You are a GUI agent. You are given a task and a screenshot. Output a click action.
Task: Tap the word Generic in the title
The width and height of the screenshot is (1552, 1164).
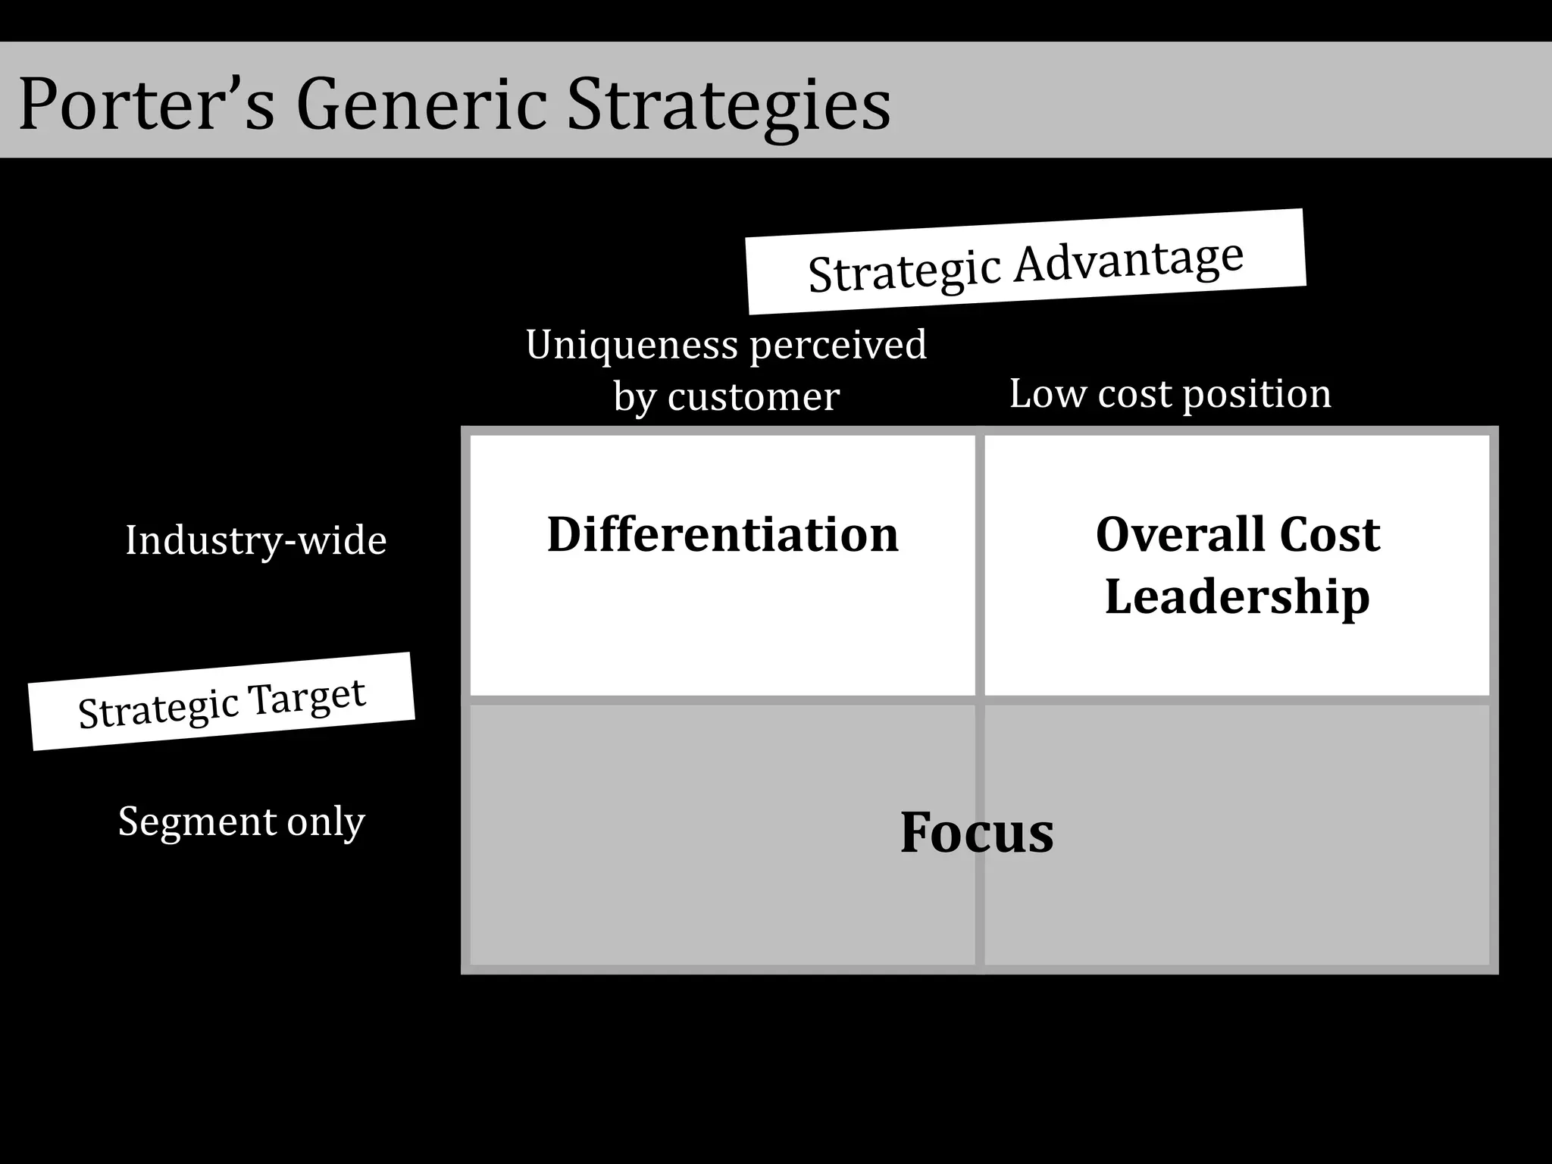tap(421, 104)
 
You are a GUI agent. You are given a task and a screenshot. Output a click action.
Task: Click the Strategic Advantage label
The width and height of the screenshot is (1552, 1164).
tap(1025, 262)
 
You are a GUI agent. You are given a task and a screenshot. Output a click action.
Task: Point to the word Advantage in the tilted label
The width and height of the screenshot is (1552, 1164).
tap(1128, 258)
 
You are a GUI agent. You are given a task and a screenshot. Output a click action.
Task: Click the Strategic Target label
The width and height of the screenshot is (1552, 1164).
tap(221, 702)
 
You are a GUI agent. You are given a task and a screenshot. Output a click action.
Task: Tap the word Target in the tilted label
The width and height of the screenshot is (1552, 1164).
tap(307, 696)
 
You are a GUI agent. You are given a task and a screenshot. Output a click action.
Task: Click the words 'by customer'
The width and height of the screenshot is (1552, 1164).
tap(726, 396)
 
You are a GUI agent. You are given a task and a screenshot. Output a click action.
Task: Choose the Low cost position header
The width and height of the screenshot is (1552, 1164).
tap(1170, 394)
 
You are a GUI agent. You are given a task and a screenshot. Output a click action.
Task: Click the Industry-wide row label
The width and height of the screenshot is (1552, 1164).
tap(255, 540)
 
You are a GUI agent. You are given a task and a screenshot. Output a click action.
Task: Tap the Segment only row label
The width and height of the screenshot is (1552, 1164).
tap(241, 821)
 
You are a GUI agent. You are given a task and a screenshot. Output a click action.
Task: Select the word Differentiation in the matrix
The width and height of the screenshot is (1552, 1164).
tap(723, 534)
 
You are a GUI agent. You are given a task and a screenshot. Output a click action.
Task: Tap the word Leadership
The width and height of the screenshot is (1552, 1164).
tap(1238, 596)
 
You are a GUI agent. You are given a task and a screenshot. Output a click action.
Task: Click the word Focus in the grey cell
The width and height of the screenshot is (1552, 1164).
tap(977, 832)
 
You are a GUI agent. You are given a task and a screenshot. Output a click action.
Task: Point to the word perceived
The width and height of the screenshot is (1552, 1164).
tap(838, 346)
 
